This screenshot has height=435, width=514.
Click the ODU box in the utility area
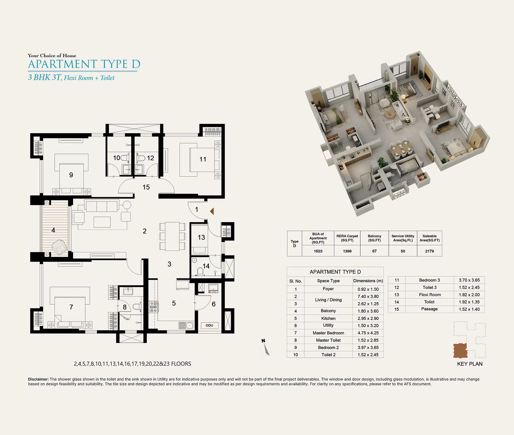click(x=210, y=325)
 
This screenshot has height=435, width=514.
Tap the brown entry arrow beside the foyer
click(x=212, y=211)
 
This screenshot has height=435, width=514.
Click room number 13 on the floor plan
click(x=201, y=237)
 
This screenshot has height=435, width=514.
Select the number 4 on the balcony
click(x=53, y=230)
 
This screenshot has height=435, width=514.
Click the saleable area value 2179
click(x=429, y=251)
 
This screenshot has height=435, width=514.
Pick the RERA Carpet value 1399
click(x=347, y=251)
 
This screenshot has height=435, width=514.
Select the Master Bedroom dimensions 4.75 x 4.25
click(x=368, y=333)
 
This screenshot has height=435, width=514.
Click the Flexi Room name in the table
click(x=430, y=295)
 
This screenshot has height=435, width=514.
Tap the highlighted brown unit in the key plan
click(x=460, y=351)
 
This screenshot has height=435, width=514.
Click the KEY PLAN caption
click(x=470, y=364)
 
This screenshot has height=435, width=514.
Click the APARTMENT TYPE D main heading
click(x=84, y=64)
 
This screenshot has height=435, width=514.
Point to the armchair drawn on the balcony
click(x=60, y=247)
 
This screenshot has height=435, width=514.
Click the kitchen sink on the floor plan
click(x=186, y=326)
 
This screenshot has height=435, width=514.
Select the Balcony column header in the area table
click(x=374, y=238)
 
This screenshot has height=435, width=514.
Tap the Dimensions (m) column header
click(x=368, y=281)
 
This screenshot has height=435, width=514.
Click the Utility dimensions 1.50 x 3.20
click(x=368, y=326)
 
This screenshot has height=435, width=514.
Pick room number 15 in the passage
click(x=146, y=187)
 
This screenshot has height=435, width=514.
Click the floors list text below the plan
click(x=133, y=364)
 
